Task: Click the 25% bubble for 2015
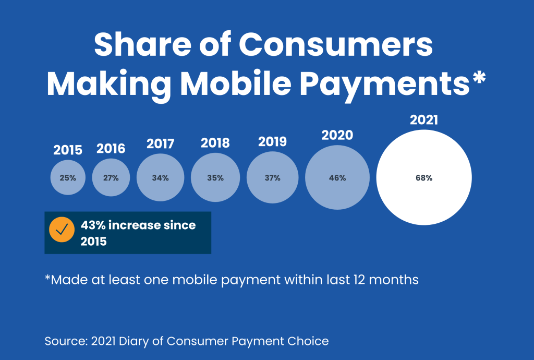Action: [x=68, y=177]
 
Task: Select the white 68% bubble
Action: [x=424, y=177]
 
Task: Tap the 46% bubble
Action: [x=337, y=177]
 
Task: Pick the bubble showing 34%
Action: [x=161, y=177]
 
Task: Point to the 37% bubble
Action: [x=272, y=177]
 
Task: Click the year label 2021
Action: [x=424, y=120]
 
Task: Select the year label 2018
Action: [x=215, y=143]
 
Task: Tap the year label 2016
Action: [x=111, y=149]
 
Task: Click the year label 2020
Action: [x=337, y=135]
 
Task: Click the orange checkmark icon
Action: [x=62, y=230]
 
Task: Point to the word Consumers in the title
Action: [x=335, y=45]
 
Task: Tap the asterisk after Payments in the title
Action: [x=479, y=78]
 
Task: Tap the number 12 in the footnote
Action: [x=359, y=280]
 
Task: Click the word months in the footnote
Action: [x=394, y=280]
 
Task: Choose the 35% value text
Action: [x=215, y=178]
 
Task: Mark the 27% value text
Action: [x=111, y=178]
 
